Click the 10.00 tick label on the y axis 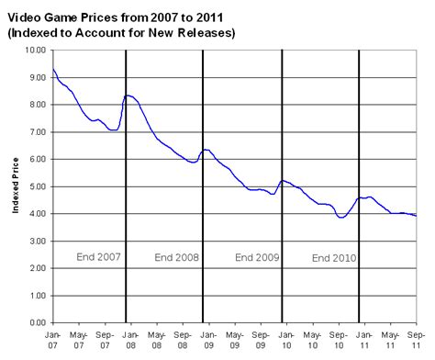(x=34, y=51)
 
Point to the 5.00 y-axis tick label (x=37, y=186)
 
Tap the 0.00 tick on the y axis (x=37, y=323)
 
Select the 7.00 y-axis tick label (x=37, y=132)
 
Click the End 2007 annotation (x=98, y=256)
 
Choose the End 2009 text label (x=256, y=256)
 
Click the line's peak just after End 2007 (x=128, y=95)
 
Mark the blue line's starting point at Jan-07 (x=53, y=70)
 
